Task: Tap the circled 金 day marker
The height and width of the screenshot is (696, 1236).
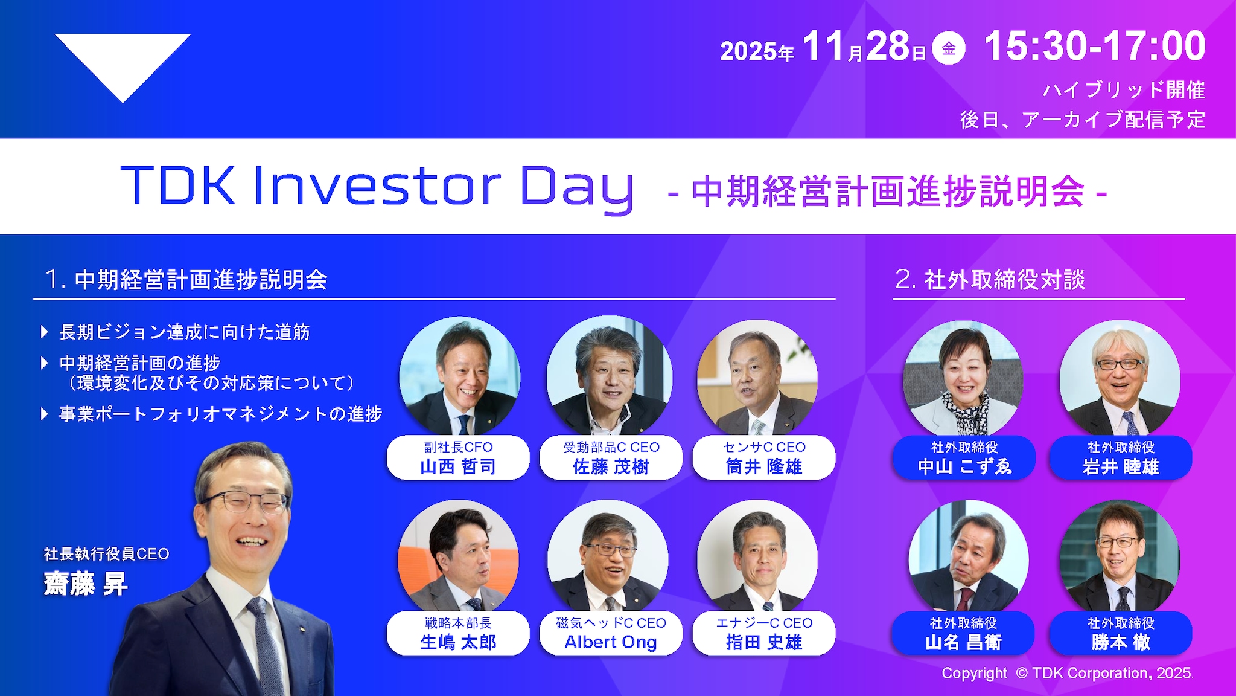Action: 949,48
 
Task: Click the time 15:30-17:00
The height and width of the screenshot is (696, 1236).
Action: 1094,47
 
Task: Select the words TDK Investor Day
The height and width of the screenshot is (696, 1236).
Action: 377,186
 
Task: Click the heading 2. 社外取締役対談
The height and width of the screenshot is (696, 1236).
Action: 990,280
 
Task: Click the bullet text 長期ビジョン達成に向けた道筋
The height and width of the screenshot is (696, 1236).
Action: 184,332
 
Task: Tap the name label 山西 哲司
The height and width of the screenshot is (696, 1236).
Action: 457,466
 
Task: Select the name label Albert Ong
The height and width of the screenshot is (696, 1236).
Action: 610,642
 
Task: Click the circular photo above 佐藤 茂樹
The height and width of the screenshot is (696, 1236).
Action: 610,376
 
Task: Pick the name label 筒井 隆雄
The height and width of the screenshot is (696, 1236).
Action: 763,466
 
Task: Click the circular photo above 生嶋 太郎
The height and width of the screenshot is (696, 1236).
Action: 458,556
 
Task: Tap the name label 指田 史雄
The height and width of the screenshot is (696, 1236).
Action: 763,642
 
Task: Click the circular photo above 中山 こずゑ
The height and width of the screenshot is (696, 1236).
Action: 963,378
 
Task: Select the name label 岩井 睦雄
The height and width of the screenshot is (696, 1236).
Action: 1120,466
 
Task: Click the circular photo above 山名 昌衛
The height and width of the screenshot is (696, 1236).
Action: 967,556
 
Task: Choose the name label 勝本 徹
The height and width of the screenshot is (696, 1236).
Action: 1120,642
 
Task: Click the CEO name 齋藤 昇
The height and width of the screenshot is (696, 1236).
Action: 85,584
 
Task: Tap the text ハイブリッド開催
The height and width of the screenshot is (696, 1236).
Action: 1124,90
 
